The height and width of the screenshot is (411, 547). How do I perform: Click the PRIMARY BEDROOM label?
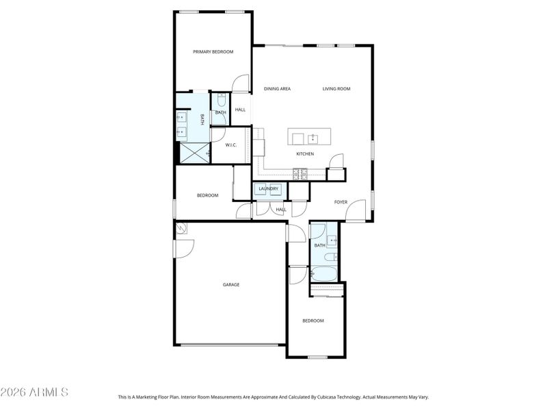pos(213,52)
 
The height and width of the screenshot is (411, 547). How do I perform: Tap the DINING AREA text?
pos(278,88)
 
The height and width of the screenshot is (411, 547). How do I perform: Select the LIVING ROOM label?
pos(336,88)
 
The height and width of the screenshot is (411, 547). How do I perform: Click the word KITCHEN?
pos(305,154)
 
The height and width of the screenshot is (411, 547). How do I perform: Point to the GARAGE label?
pos(230,284)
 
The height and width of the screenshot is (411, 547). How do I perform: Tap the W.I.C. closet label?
pos(230,145)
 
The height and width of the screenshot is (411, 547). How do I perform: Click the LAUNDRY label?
pos(268,188)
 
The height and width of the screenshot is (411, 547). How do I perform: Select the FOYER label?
pos(341,202)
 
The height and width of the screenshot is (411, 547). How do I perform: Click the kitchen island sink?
pos(313,138)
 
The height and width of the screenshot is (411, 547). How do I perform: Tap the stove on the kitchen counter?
pos(299,176)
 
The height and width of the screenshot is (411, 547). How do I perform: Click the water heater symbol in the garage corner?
pos(181,229)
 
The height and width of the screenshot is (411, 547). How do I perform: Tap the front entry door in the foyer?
pos(355,212)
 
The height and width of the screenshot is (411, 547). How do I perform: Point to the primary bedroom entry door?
pos(241,84)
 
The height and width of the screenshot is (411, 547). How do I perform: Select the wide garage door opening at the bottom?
pos(230,345)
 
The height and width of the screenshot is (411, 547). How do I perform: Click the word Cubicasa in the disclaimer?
pos(332,397)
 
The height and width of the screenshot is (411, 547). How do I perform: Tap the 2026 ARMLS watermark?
pos(34,393)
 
